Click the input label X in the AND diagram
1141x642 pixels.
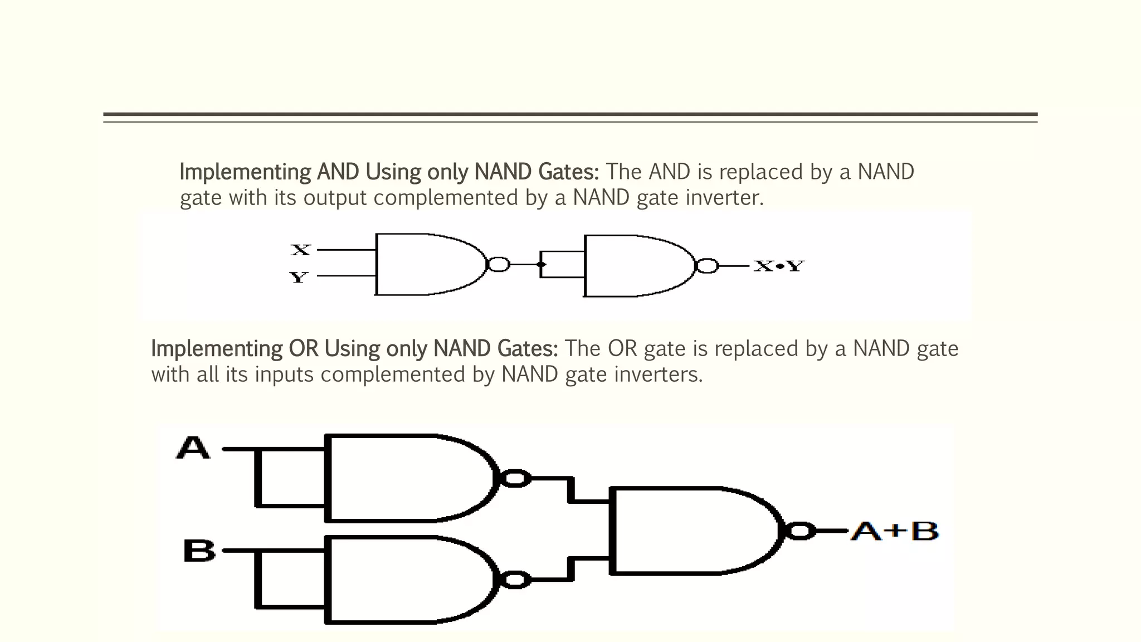point(300,250)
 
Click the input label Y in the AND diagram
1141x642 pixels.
point(299,277)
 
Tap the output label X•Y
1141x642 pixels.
point(778,266)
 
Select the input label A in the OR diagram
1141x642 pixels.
point(193,448)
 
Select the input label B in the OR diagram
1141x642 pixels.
point(199,551)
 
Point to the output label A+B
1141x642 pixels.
point(895,531)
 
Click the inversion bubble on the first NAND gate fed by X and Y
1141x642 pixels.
point(498,265)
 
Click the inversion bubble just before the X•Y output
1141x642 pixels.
point(708,266)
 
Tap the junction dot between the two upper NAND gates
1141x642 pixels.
point(541,265)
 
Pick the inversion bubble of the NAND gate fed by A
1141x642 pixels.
point(515,478)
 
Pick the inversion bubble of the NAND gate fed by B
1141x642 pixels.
point(515,580)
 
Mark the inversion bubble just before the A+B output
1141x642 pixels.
point(800,531)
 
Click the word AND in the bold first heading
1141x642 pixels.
point(338,172)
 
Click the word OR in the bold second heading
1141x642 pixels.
point(303,349)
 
